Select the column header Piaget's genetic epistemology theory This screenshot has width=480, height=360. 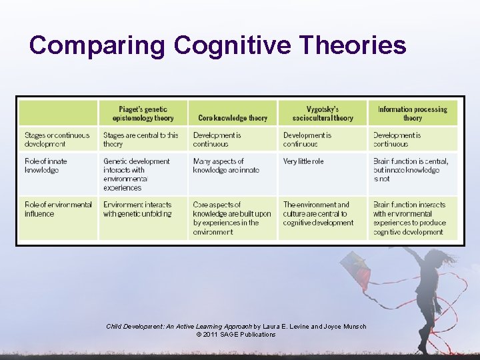click(143, 113)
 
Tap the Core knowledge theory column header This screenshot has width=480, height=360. click(232, 118)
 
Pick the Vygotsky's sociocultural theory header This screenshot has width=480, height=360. click(321, 113)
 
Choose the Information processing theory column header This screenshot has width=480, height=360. click(413, 113)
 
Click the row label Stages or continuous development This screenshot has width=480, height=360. click(57, 139)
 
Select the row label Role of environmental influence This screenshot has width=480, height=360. click(58, 209)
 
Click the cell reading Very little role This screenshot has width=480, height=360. click(303, 161)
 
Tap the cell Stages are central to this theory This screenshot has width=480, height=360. click(141, 139)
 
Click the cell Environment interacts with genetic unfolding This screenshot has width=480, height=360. click(137, 209)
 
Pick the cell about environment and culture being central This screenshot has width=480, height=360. click(319, 213)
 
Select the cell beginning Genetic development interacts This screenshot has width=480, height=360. click(137, 175)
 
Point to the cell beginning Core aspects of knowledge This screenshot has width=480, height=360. click(232, 218)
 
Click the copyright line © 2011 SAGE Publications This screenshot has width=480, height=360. click(236, 335)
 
